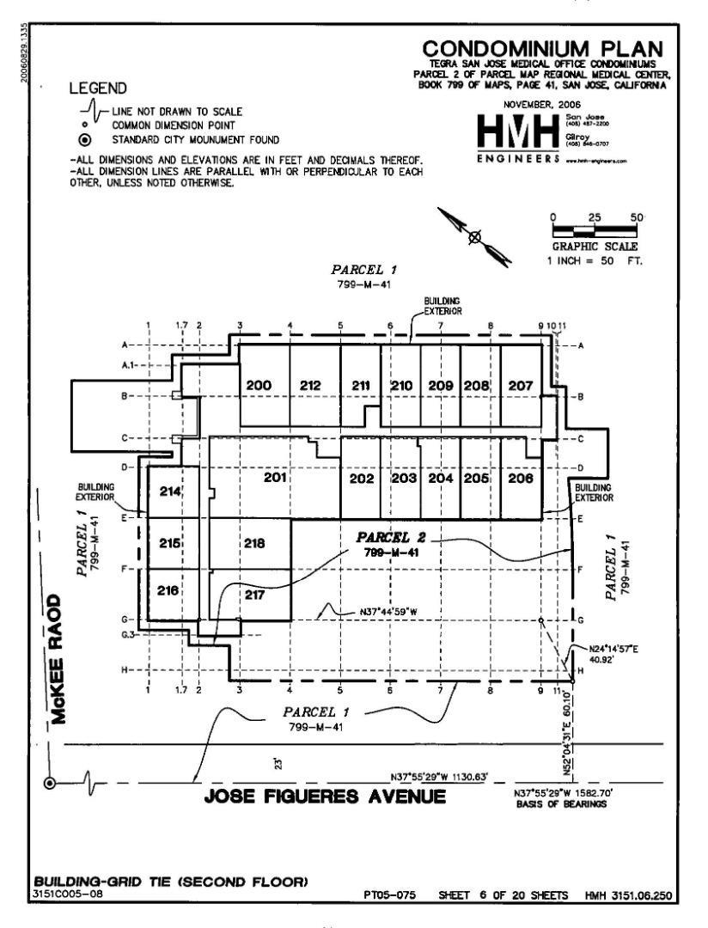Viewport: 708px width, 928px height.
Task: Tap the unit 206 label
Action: tap(521, 479)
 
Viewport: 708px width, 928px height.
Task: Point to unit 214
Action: tap(171, 491)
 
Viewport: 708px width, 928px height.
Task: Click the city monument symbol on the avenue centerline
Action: tap(50, 783)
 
